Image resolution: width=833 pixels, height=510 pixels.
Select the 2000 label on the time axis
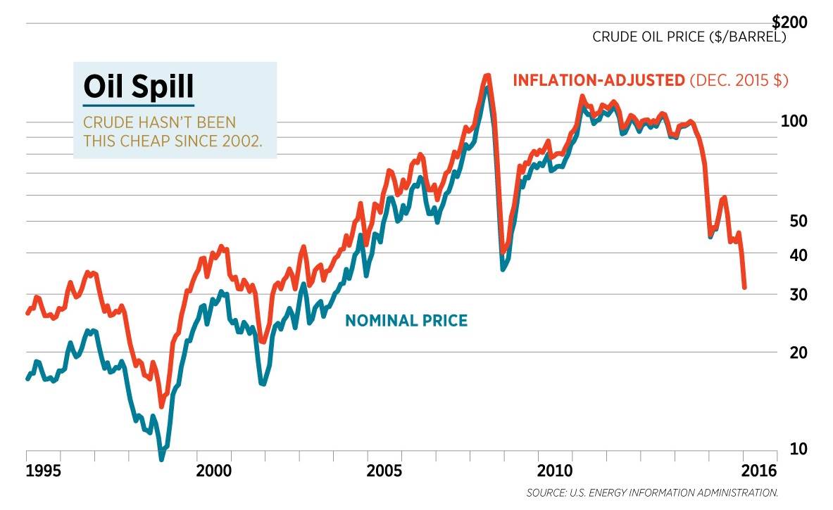[212, 469]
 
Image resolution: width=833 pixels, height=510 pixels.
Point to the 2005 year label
[384, 469]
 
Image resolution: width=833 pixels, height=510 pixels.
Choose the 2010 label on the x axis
[556, 469]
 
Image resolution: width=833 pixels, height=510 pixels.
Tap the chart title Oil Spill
[138, 87]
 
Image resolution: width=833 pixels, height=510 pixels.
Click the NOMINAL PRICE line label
[406, 321]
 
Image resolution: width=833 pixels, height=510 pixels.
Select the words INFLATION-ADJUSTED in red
[599, 80]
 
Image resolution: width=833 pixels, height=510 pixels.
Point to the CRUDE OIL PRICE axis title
[689, 37]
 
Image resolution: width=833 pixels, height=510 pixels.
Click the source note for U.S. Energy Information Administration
[652, 492]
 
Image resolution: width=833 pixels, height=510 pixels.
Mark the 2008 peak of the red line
[487, 76]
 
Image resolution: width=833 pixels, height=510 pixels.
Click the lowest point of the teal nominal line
[161, 459]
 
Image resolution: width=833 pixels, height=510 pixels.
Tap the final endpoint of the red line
[744, 287]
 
